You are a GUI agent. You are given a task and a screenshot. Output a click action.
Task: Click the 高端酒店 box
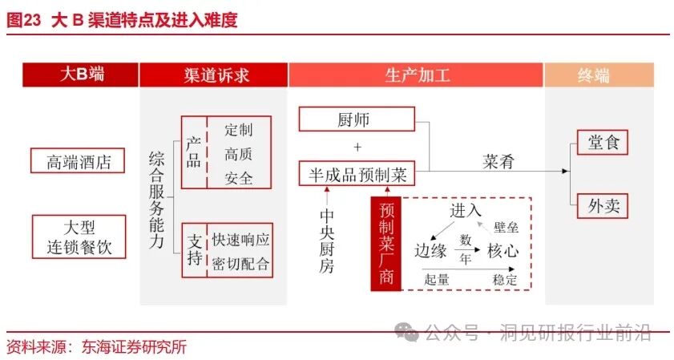[x=78, y=161]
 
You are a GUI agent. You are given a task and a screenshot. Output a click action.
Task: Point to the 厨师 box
[x=357, y=121]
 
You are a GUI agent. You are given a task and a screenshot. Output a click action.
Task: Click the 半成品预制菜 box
[x=357, y=172]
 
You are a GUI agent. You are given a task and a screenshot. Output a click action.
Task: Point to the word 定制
[x=239, y=130]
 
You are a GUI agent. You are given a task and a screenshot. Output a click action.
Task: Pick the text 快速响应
[x=240, y=241]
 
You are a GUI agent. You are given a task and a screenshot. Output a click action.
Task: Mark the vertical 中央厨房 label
[x=327, y=241]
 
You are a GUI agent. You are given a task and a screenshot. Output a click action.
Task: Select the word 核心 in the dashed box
[x=502, y=250]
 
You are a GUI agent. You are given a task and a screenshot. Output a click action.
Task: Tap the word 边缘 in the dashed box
[x=430, y=250]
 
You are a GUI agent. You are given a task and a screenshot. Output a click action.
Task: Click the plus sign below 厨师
[x=357, y=147]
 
